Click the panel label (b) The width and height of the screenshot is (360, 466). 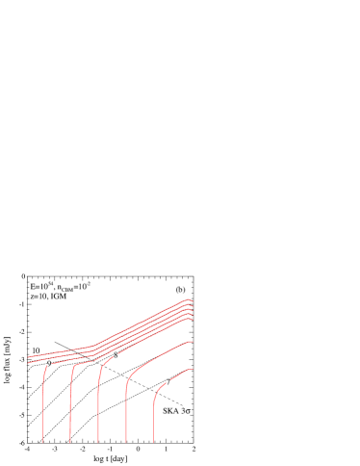(x=180, y=289)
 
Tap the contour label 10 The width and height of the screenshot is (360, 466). (x=36, y=350)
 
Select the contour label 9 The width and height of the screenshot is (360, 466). (x=49, y=363)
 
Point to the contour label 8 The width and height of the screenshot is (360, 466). (x=116, y=355)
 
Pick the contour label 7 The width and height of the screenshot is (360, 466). (x=167, y=382)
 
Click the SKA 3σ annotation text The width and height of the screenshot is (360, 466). (x=176, y=411)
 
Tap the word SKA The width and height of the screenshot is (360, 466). (x=169, y=411)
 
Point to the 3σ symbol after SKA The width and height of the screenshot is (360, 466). (x=186, y=411)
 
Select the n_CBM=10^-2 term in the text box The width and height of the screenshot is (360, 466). (x=73, y=286)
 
